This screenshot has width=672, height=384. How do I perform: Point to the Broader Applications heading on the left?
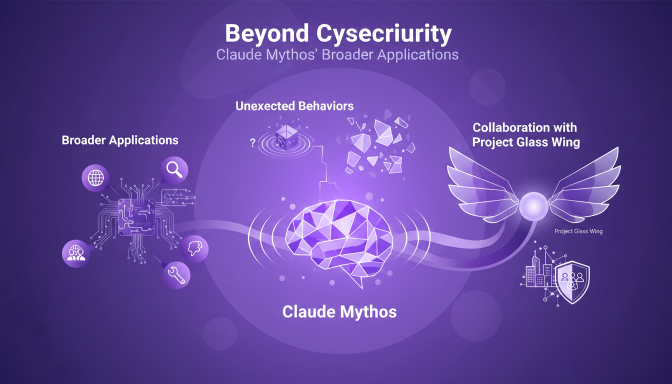[120, 140]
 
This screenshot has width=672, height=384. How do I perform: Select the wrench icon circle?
[176, 274]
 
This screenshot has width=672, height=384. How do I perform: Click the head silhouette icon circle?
[194, 246]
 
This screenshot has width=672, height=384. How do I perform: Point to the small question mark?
[252, 142]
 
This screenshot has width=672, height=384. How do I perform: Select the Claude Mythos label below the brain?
[339, 312]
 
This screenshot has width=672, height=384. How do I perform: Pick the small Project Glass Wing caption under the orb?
[578, 231]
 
